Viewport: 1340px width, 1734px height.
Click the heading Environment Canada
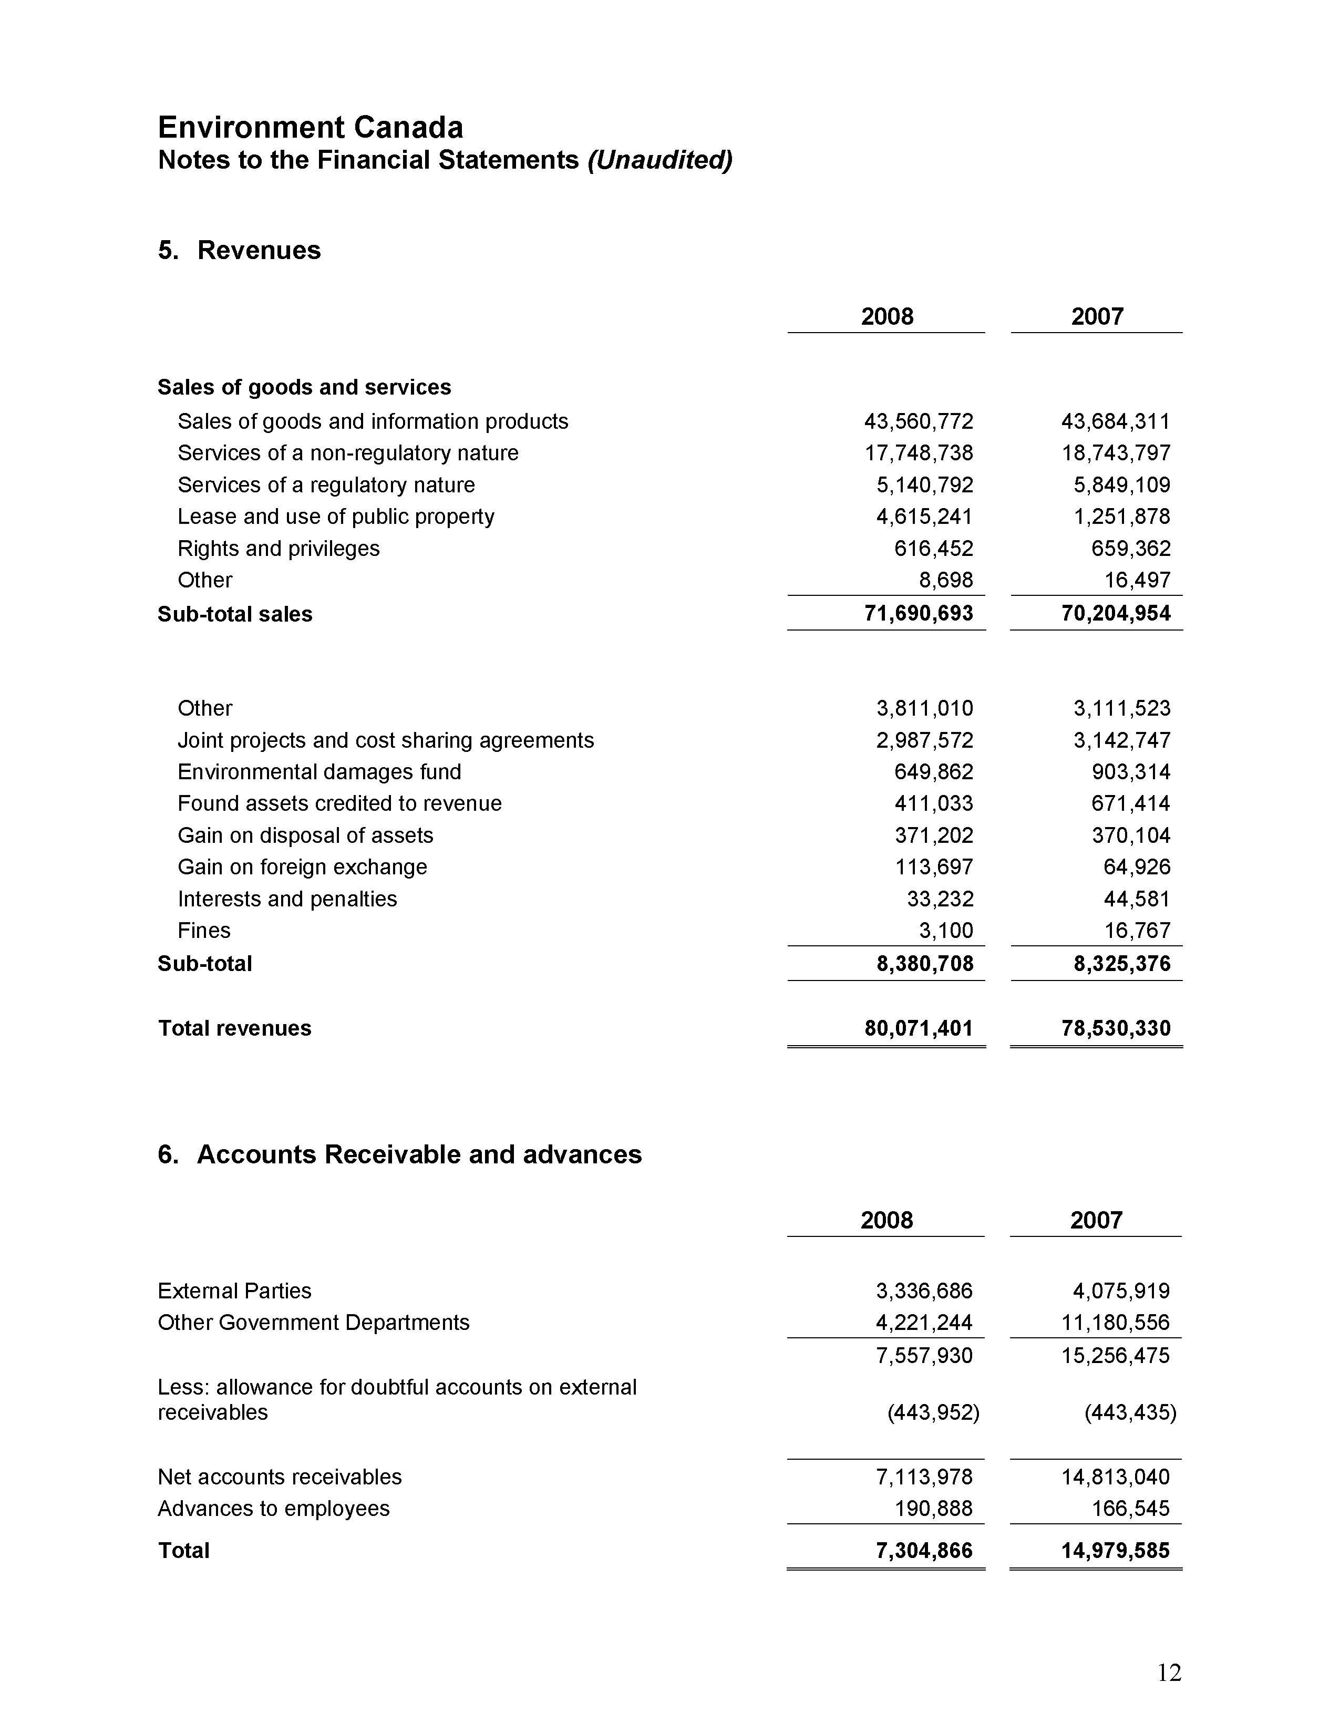tap(311, 127)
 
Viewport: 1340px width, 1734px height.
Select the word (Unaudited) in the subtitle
tap(659, 160)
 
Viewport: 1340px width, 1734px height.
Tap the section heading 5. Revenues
tap(239, 250)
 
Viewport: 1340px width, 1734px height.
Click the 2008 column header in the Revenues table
tap(887, 317)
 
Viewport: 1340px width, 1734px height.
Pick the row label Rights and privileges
tap(279, 549)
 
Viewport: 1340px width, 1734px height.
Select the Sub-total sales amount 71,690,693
tap(919, 614)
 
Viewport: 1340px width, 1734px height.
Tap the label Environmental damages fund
tap(319, 772)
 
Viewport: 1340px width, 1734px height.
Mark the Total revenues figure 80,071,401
tap(919, 1028)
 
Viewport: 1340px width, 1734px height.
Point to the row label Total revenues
tap(235, 1028)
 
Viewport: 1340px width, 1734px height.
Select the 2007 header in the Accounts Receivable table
tap(1096, 1220)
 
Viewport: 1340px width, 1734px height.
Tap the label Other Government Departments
tap(314, 1323)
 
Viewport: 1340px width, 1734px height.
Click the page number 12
tap(1169, 1673)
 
